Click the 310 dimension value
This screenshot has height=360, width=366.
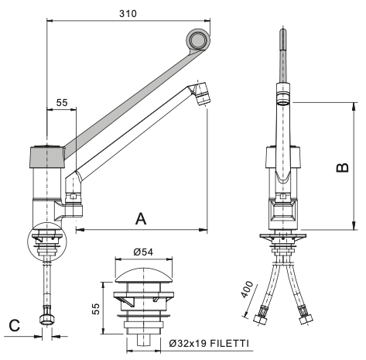tap(128, 14)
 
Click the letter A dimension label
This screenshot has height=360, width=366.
tap(141, 219)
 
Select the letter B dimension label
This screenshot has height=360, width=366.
tap(343, 168)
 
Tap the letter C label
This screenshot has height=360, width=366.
tap(15, 326)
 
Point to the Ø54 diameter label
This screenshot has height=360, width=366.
tap(143, 252)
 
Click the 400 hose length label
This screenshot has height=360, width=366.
tap(247, 289)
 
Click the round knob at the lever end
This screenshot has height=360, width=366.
tap(198, 40)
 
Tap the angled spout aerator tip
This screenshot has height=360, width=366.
tap(202, 94)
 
